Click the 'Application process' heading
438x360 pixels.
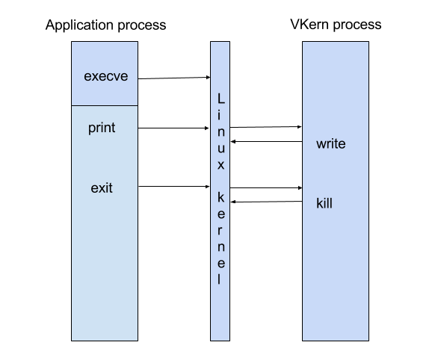point(105,25)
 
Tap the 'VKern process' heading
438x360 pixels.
point(336,25)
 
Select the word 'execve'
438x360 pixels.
point(106,76)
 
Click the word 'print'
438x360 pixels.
point(102,128)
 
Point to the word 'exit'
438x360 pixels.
point(102,187)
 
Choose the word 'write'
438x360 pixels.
point(330,143)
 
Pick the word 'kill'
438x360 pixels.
point(324,203)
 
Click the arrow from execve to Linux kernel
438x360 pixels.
point(174,78)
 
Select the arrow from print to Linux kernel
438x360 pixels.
point(173,128)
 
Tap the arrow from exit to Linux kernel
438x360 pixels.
point(173,186)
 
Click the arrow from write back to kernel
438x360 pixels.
point(267,141)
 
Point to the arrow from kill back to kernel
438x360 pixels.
point(267,202)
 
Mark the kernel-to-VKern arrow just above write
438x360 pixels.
point(265,127)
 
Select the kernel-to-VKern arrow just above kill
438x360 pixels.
point(266,187)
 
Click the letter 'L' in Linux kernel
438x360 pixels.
point(221,99)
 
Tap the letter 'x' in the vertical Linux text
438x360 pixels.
point(220,165)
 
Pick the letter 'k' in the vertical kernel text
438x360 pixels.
point(220,197)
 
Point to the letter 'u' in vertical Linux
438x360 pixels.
point(221,149)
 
